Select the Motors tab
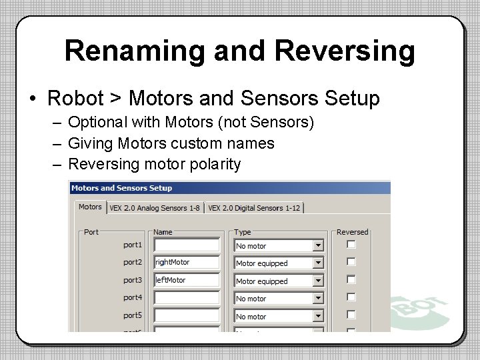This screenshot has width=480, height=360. pyautogui.click(x=90, y=207)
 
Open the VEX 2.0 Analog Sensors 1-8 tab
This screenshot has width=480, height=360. pyautogui.click(x=154, y=208)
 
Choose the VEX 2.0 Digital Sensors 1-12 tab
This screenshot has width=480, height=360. pyautogui.click(x=254, y=208)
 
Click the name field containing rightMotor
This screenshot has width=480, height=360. pyautogui.click(x=187, y=263)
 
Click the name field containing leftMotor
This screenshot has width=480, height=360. pyautogui.click(x=187, y=281)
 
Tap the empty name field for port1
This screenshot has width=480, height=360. pyautogui.click(x=187, y=245)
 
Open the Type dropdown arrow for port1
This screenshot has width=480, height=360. pyautogui.click(x=318, y=246)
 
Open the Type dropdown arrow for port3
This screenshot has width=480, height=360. pyautogui.click(x=318, y=281)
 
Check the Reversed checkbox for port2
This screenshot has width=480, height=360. pyautogui.click(x=351, y=262)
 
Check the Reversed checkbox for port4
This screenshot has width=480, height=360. pyautogui.click(x=351, y=297)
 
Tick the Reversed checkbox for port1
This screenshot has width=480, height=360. pyautogui.click(x=351, y=245)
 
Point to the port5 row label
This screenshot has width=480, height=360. pyautogui.click(x=133, y=315)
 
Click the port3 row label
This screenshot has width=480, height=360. pyautogui.click(x=133, y=281)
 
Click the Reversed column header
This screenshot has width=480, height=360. pyautogui.click(x=352, y=232)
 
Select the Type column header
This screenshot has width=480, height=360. pyautogui.click(x=243, y=232)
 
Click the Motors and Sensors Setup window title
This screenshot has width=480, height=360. pyautogui.click(x=121, y=188)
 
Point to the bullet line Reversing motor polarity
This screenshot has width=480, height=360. pyautogui.click(x=154, y=164)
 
